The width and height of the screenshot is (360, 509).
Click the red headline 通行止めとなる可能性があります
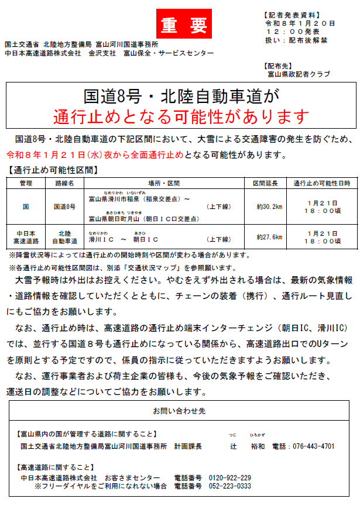coord(180,116)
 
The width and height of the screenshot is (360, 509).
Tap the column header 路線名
coord(64,183)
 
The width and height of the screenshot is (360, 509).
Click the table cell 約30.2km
coord(269,206)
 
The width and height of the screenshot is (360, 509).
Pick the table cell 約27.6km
coord(269,237)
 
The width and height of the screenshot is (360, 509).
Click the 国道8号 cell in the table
coord(64,206)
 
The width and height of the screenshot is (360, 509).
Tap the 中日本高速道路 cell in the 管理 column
coord(26,237)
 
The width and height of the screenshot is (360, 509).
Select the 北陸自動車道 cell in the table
coord(64,237)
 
